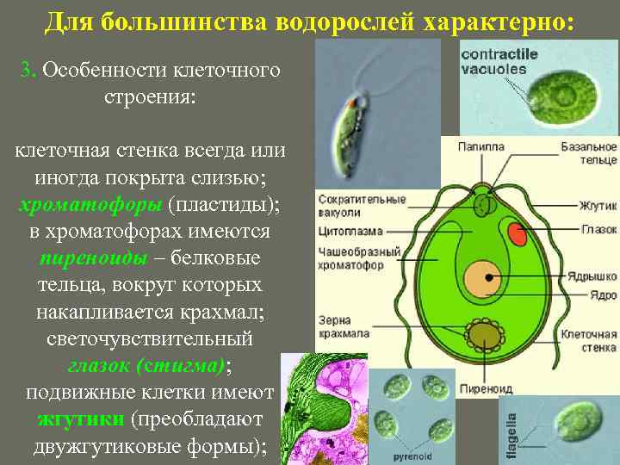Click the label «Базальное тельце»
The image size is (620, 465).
click(x=589, y=153)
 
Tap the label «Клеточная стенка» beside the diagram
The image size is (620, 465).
click(x=588, y=340)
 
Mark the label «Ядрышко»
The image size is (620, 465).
click(x=592, y=277)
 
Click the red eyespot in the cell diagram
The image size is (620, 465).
click(x=518, y=233)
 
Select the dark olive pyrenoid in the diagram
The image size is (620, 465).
click(x=482, y=335)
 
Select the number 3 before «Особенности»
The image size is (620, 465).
click(x=26, y=71)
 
